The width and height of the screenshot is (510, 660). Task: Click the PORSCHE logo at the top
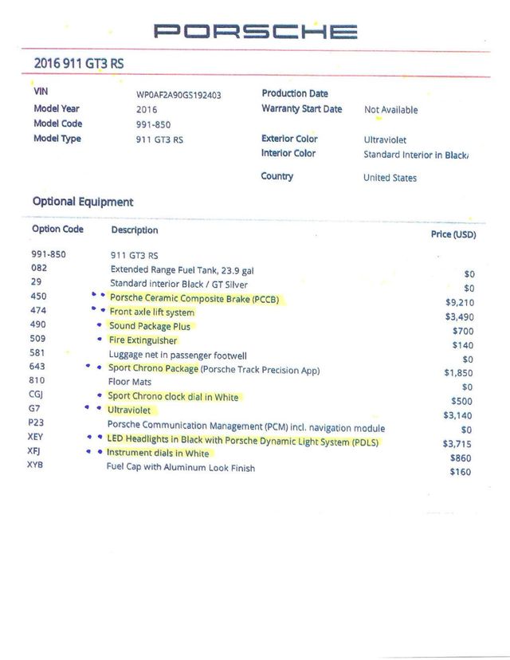255,32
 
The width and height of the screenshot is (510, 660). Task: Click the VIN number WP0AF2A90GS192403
178,95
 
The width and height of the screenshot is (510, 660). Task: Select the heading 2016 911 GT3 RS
79,62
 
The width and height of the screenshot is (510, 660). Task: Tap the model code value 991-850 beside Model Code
153,124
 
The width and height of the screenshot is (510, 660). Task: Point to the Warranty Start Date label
301,108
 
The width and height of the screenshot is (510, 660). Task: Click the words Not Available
390,110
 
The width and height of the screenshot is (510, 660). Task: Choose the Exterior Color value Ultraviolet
385,139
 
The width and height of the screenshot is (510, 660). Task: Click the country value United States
390,178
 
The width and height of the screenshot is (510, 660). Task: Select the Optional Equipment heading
83,202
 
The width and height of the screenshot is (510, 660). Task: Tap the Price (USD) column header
453,234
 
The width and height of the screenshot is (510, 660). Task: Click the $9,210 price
460,303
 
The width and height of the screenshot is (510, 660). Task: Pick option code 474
37,311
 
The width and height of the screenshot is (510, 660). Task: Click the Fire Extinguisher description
143,340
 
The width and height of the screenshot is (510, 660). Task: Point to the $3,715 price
460,443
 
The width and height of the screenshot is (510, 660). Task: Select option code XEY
36,437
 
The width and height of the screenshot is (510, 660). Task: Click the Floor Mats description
131,383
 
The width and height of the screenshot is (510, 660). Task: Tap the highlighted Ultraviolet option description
129,411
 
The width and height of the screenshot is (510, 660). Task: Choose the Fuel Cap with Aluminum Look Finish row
181,468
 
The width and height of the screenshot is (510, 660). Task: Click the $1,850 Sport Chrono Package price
460,373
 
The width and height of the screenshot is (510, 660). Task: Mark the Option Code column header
57,230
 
